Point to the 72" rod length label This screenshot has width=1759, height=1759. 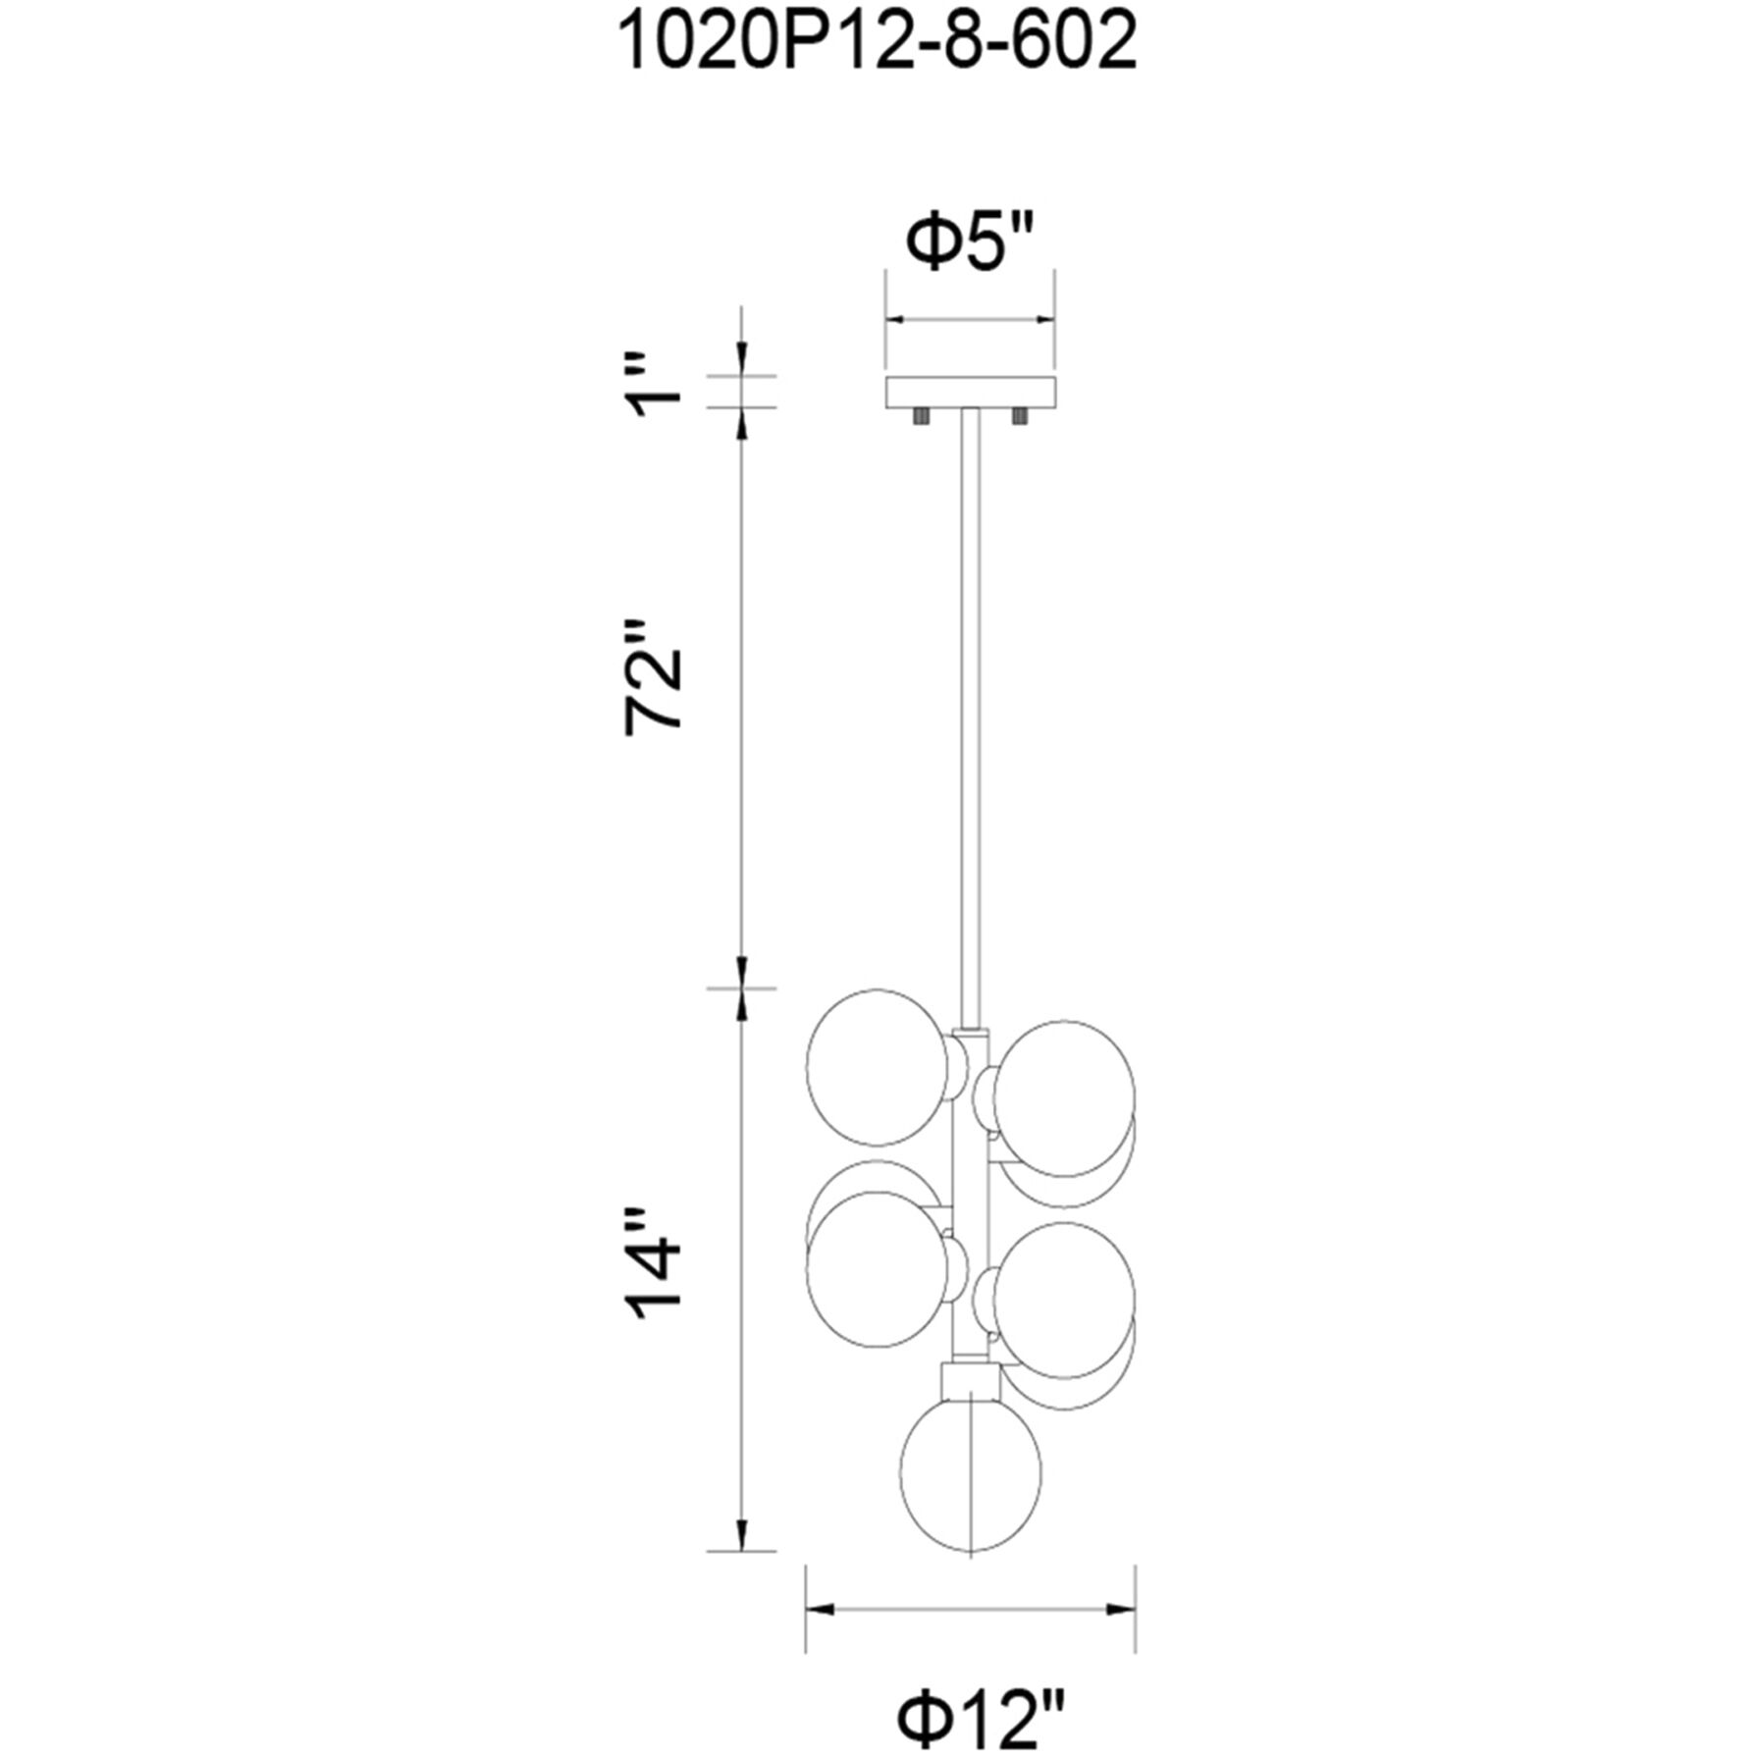pyautogui.click(x=655, y=676)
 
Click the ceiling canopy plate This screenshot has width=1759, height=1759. pyautogui.click(x=970, y=393)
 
